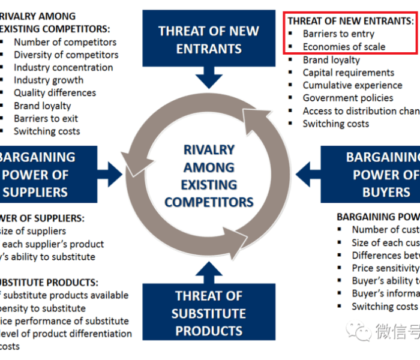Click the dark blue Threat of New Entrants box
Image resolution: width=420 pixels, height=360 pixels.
coord(209,39)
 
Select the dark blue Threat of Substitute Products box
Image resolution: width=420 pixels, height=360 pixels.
coord(209,313)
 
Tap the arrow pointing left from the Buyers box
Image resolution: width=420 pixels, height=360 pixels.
coord(307,175)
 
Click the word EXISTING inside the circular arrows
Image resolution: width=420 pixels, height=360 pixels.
coord(209,184)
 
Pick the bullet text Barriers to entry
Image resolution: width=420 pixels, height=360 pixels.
coord(338,34)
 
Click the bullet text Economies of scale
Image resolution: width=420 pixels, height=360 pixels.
coord(344,47)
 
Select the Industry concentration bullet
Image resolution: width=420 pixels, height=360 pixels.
coord(64,67)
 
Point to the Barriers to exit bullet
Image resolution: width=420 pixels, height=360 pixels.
coord(46,118)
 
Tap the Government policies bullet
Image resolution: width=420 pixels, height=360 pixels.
coord(348,98)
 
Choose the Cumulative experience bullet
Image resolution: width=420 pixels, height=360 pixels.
coord(352,85)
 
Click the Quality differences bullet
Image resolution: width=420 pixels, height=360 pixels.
coord(55,93)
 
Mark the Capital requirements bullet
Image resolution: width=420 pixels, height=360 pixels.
coord(349,72)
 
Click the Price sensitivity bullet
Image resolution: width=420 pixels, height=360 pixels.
coord(385,268)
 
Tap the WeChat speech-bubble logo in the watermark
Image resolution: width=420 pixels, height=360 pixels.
coord(361,329)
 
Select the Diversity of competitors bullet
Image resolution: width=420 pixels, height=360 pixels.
coord(66,55)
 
